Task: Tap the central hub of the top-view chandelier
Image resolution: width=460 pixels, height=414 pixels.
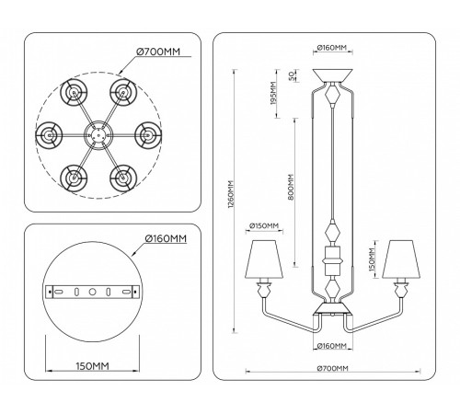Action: (94, 133)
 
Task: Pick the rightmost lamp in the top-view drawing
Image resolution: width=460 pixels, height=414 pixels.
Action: (144, 133)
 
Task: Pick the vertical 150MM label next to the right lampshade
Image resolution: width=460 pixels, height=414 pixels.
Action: (371, 261)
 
